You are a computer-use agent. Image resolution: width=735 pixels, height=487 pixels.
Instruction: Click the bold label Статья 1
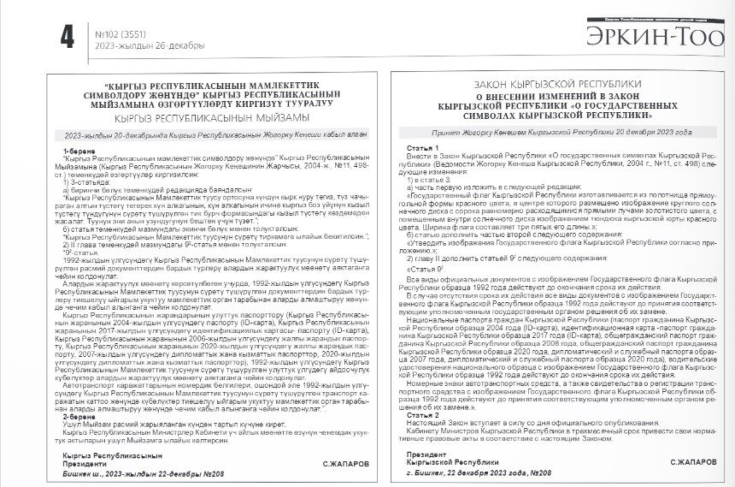tap(418, 148)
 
